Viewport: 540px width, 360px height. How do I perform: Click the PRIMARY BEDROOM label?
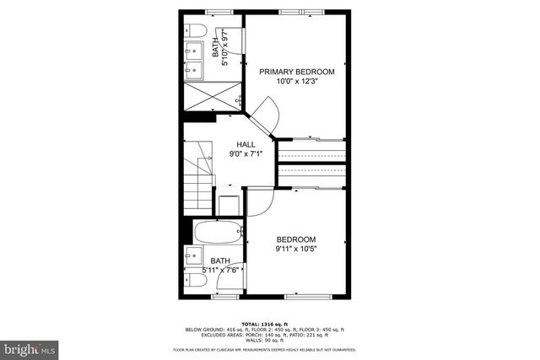(x=296, y=72)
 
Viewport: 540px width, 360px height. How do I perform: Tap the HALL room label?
(x=246, y=144)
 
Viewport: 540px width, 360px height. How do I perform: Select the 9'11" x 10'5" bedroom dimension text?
(x=296, y=249)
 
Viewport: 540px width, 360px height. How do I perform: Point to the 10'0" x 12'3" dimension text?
(x=296, y=82)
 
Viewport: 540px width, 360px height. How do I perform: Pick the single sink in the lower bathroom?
(x=192, y=256)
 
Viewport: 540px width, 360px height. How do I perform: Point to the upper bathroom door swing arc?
(x=235, y=42)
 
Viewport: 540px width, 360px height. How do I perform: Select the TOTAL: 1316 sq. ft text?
(x=264, y=325)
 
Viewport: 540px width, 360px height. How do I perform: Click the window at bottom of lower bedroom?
(x=308, y=297)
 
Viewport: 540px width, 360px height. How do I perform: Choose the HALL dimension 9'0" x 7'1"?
(x=246, y=154)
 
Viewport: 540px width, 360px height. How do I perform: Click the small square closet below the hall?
(x=229, y=203)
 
